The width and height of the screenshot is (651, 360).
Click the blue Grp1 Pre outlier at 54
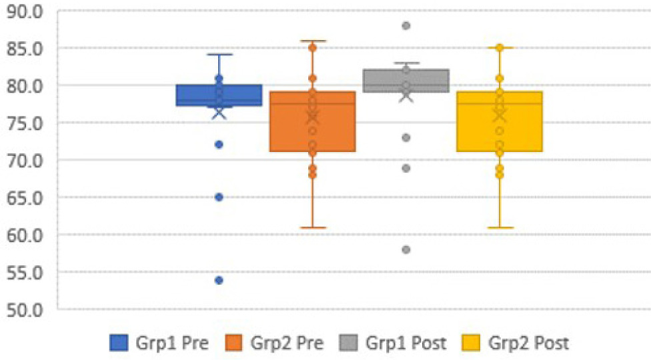tap(219, 280)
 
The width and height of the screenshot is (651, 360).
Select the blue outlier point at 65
tap(219, 197)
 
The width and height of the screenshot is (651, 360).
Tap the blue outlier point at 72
tap(219, 144)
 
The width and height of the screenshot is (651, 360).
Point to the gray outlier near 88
tap(406, 26)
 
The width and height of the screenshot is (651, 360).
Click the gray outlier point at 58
tap(406, 250)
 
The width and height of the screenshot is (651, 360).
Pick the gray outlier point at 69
tap(406, 168)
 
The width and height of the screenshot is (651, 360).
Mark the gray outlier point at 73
tap(406, 137)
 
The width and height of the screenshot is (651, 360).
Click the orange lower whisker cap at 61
tap(312, 227)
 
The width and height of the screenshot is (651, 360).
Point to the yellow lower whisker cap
tap(499, 227)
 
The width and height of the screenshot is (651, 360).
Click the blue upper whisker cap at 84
tap(219, 54)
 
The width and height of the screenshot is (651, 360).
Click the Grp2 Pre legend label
tap(287, 343)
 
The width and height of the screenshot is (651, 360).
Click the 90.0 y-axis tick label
tap(23, 11)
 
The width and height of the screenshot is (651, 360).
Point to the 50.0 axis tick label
tap(23, 309)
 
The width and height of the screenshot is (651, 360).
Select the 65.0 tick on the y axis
tap(23, 197)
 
